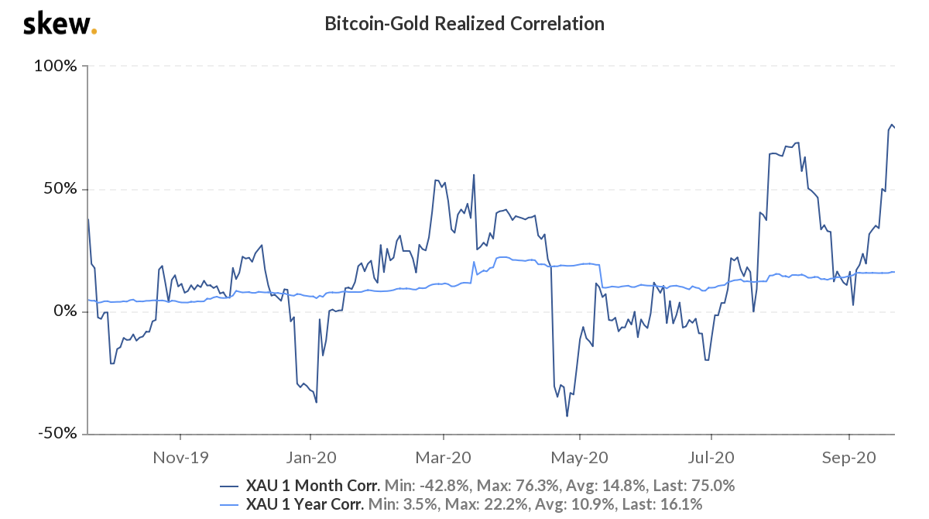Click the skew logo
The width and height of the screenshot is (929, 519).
[59, 24]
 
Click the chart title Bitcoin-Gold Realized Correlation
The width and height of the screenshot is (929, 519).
[464, 24]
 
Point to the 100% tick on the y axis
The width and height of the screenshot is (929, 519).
[55, 67]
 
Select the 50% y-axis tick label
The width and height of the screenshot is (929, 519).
[60, 189]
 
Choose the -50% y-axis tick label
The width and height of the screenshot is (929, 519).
[57, 434]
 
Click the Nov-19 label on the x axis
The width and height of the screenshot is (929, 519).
[181, 458]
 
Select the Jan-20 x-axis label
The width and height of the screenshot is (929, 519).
[311, 458]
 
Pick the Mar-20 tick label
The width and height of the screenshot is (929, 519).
[444, 458]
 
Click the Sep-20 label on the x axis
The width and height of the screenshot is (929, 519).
[848, 458]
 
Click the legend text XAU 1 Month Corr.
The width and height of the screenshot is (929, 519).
[313, 486]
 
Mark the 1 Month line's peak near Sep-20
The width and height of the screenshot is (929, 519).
[891, 125]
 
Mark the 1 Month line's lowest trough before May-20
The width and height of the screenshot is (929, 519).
[567, 416]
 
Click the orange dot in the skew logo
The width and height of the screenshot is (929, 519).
[94, 32]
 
